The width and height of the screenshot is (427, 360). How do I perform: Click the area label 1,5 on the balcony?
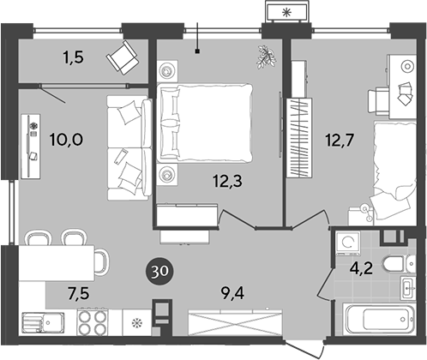pyautogui.click(x=74, y=57)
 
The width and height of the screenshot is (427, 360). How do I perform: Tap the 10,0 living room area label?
pyautogui.click(x=66, y=140)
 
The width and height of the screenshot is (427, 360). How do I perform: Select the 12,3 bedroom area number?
pyautogui.click(x=227, y=181)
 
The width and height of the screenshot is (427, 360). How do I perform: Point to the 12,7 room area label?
pyautogui.click(x=340, y=140)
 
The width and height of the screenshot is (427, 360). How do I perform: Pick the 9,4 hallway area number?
pyautogui.click(x=233, y=293)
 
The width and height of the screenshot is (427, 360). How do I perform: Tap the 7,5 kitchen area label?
pyautogui.click(x=78, y=293)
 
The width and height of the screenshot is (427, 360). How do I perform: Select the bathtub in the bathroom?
pyautogui.click(x=380, y=319)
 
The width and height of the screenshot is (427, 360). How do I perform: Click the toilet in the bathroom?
pyautogui.click(x=400, y=263)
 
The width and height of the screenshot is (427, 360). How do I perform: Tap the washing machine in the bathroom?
pyautogui.click(x=347, y=243)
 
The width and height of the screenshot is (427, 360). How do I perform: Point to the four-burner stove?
pyautogui.click(x=93, y=322)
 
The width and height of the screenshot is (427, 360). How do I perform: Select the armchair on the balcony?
pyautogui.click(x=123, y=57)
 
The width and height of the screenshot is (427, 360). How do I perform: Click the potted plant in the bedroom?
pyautogui.click(x=267, y=57)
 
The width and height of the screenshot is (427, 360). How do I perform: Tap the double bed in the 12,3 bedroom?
pyautogui.click(x=204, y=122)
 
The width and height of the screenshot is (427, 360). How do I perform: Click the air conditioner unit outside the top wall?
pyautogui.click(x=286, y=12)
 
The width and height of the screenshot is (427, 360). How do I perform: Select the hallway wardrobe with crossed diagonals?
pyautogui.click(x=236, y=323)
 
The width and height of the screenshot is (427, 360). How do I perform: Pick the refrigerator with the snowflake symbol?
pyautogui.click(x=137, y=322)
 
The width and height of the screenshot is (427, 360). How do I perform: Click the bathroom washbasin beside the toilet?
pyautogui.click(x=408, y=288)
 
